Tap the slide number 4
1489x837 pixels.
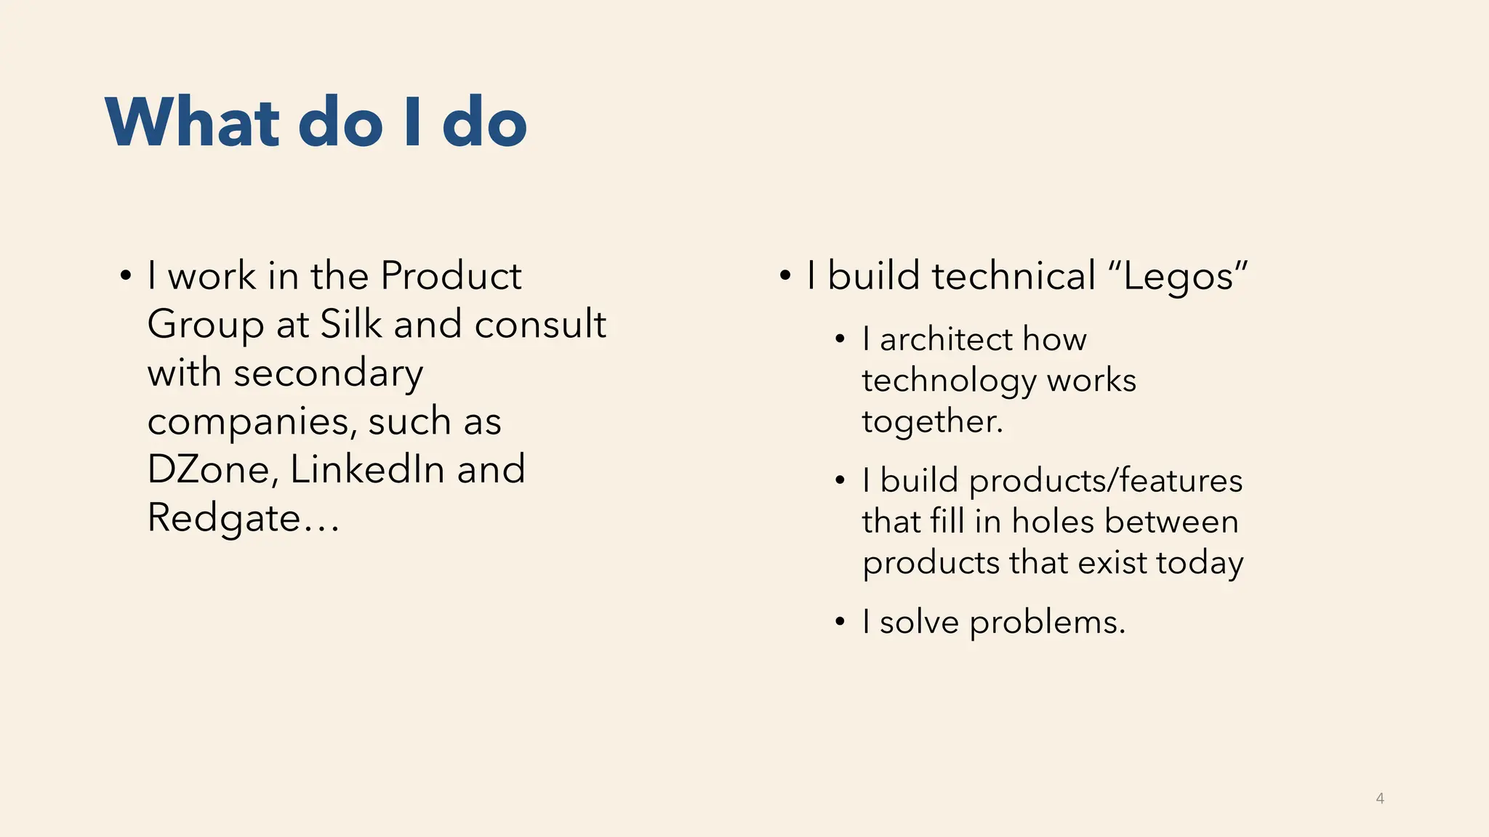pos(1380,798)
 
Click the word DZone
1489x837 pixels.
pos(208,469)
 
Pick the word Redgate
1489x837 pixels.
pos(224,519)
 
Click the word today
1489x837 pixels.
pos(1200,562)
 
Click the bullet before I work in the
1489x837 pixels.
pos(126,277)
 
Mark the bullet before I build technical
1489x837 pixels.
pos(785,277)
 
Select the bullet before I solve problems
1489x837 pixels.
pos(840,623)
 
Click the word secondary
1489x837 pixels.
pos(329,373)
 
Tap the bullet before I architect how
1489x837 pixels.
pos(840,339)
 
